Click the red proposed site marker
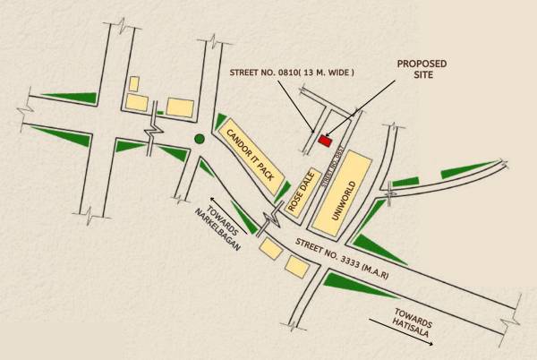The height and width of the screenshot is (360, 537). click(x=325, y=140)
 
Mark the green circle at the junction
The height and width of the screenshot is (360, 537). click(x=199, y=139)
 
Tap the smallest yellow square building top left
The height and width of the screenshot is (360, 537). click(x=134, y=83)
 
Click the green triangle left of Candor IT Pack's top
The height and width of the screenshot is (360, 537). click(x=220, y=121)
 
